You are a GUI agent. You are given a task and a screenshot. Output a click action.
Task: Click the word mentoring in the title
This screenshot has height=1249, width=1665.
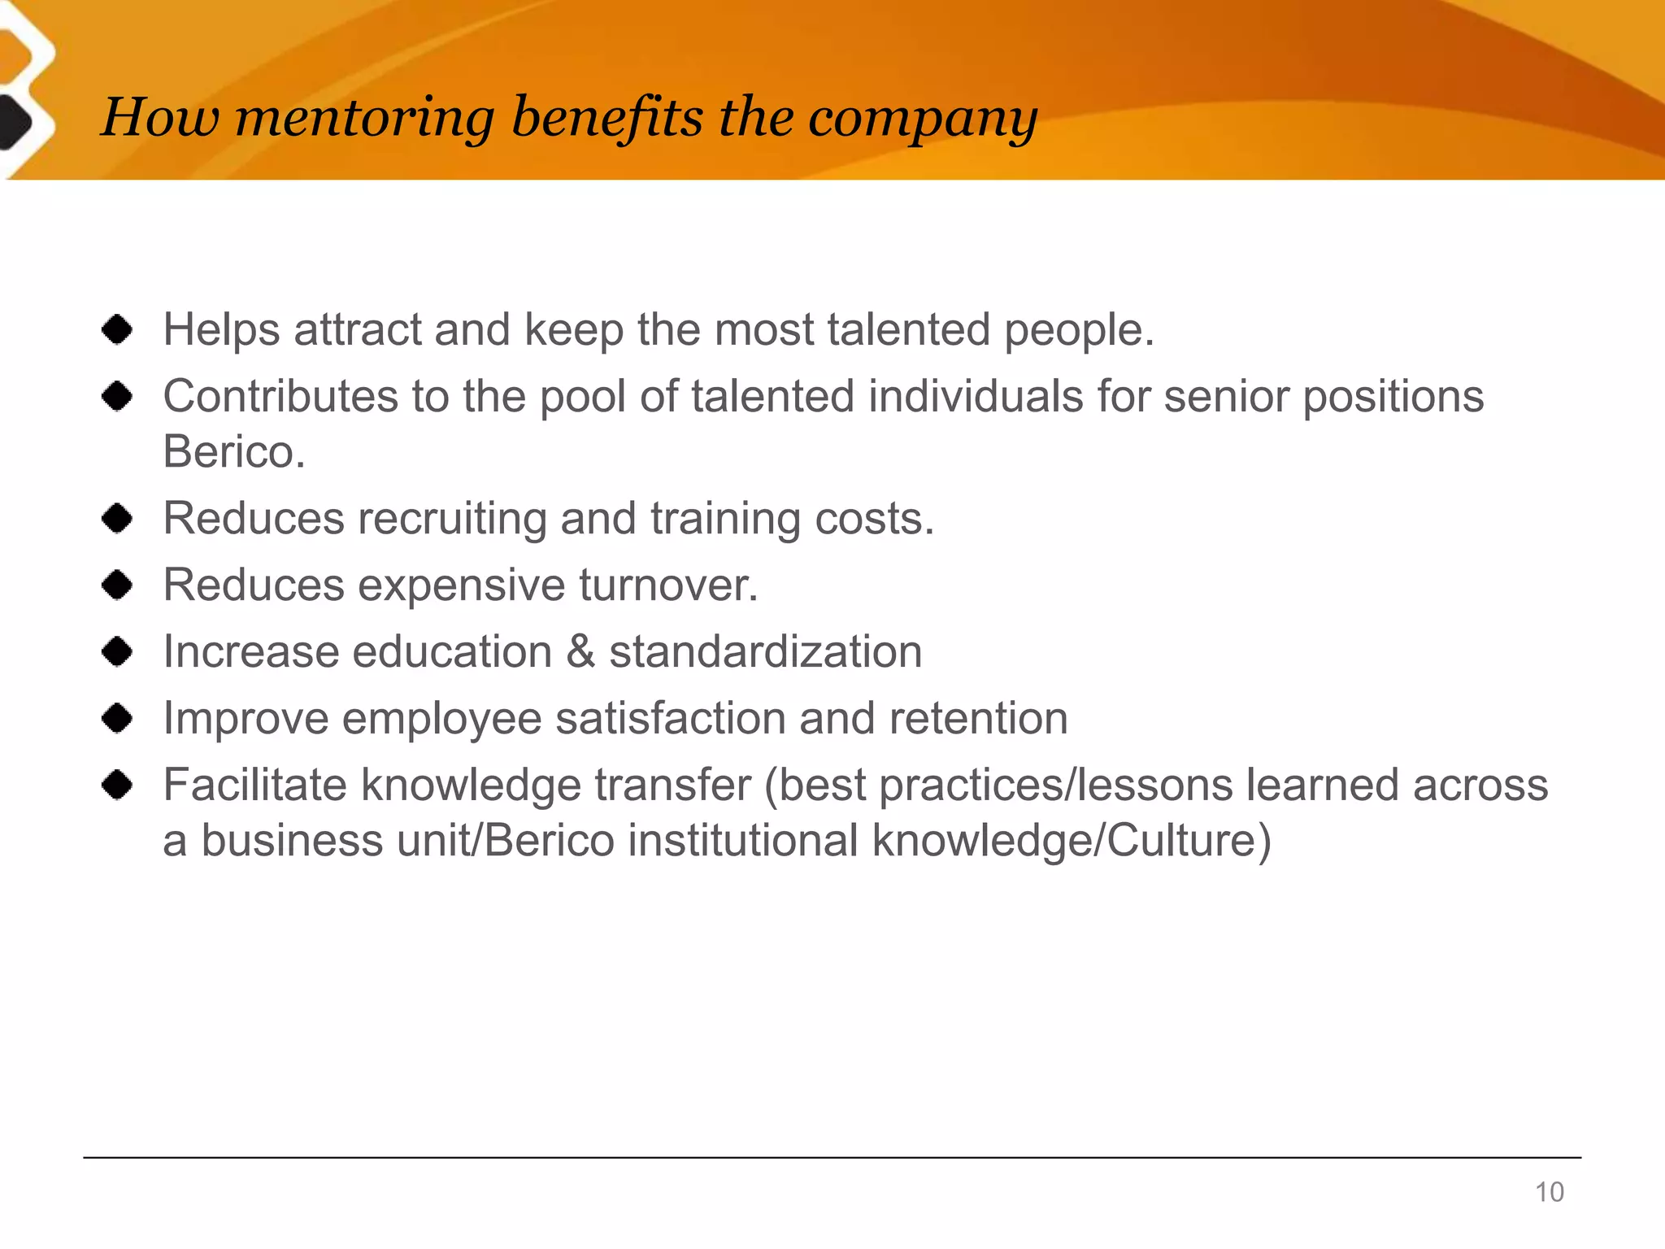[364, 119]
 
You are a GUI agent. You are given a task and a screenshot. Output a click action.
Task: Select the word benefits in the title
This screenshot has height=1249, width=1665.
[607, 117]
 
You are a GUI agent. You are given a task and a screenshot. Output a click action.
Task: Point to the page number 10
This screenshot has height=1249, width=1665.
[1549, 1192]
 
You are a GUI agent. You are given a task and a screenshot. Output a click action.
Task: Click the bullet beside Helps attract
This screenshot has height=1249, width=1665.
[118, 330]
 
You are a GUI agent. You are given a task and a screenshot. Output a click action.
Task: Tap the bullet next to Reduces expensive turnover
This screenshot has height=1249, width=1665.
[118, 585]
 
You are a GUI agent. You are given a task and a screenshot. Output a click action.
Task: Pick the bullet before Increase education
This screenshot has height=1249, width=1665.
[118, 651]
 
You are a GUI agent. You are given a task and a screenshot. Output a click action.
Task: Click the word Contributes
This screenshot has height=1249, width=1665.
[281, 397]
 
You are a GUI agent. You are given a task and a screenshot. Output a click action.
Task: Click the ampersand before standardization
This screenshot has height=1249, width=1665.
[580, 652]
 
